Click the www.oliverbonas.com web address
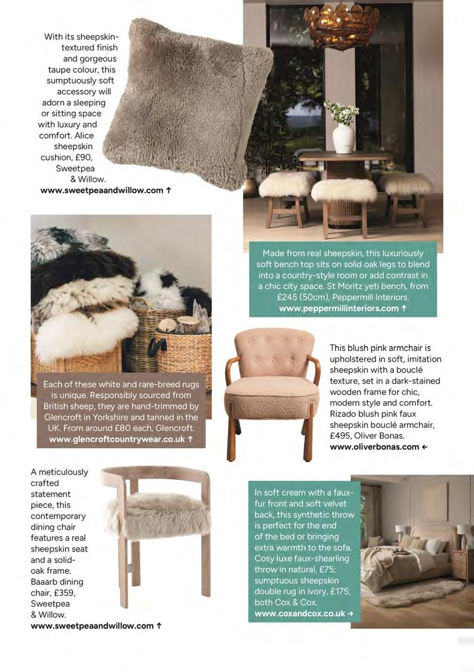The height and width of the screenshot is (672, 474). point(374,446)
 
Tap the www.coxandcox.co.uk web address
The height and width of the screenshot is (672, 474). point(300,614)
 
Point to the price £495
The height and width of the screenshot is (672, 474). point(341,435)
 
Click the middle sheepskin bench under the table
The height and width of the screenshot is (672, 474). point(344,190)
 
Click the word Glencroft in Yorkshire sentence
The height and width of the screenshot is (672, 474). point(66,417)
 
